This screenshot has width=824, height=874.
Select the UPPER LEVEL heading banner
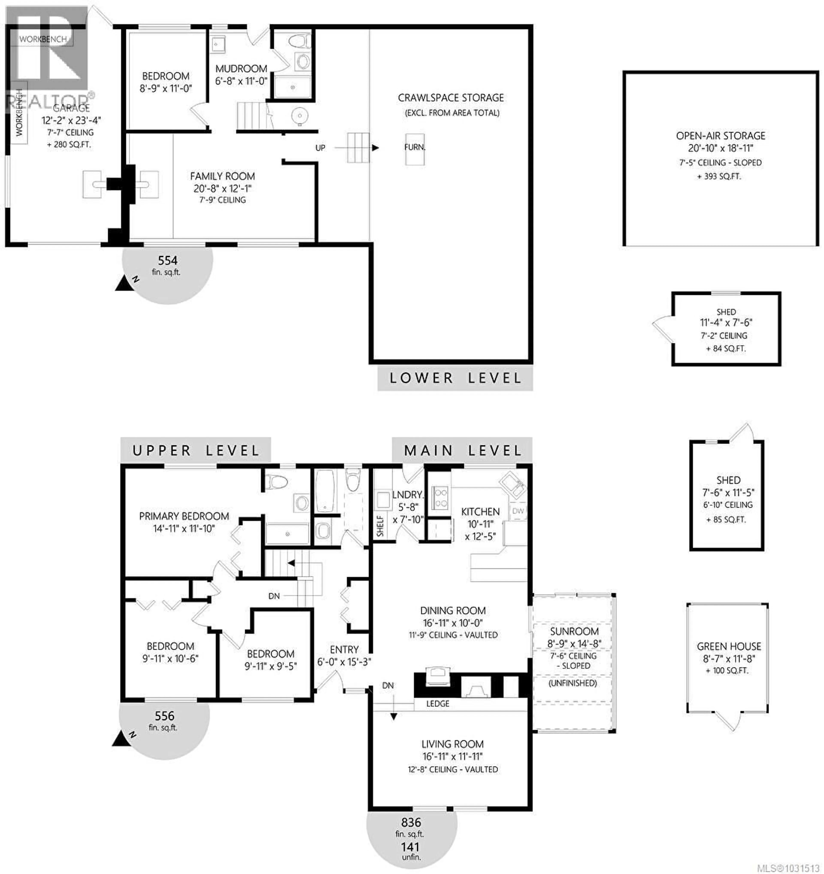point(196,450)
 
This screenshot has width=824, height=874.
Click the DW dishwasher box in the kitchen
point(518,511)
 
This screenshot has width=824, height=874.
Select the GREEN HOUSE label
point(729,646)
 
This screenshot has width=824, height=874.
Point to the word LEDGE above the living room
point(438,703)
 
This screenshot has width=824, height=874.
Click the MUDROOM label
point(241,69)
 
